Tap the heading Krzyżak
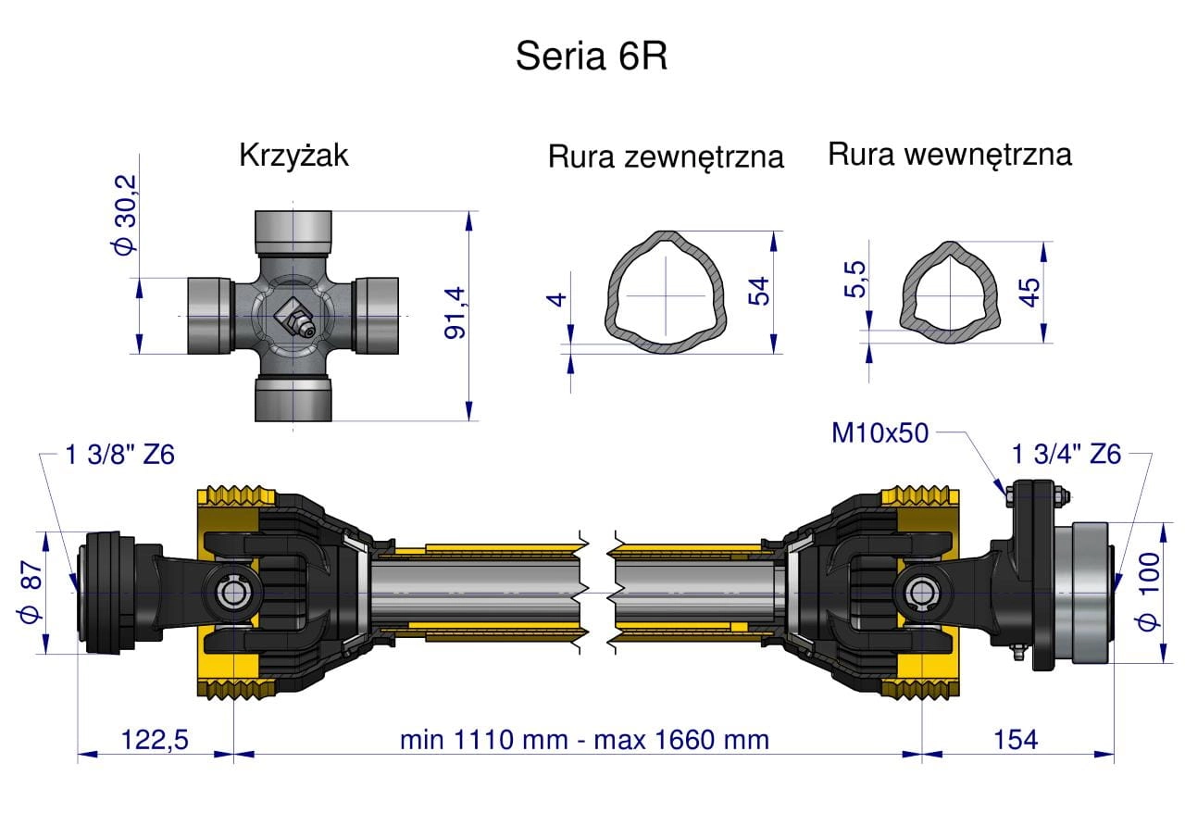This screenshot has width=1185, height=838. [x=293, y=155]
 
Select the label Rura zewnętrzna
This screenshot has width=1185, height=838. [x=666, y=157]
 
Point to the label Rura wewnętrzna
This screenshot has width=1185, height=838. [x=950, y=155]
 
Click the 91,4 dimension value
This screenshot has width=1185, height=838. [x=455, y=313]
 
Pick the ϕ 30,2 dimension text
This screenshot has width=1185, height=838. [x=125, y=216]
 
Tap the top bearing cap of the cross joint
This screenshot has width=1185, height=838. [x=293, y=232]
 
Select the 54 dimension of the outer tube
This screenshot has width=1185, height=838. [x=758, y=291]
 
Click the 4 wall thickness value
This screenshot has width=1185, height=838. [x=556, y=300]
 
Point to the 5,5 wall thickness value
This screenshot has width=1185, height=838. [x=854, y=280]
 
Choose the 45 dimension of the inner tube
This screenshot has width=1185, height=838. [x=1029, y=293]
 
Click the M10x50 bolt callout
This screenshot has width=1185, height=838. [x=879, y=433]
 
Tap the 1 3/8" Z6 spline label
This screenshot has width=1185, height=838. [x=119, y=455]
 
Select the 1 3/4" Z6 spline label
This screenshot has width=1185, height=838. [x=1066, y=455]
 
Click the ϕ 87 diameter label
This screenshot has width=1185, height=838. [x=31, y=592]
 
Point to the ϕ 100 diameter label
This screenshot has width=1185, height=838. [x=1149, y=592]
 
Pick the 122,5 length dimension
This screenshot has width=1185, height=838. [x=155, y=740]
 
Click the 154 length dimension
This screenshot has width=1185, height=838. [x=1016, y=740]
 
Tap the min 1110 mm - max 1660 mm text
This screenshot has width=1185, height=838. [x=584, y=740]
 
